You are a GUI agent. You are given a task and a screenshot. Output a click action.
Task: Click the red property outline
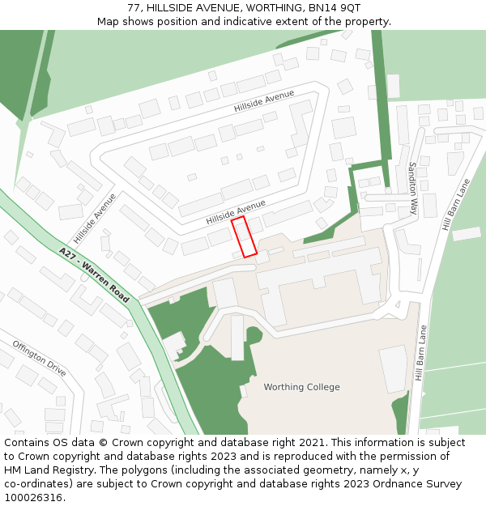click(244, 236)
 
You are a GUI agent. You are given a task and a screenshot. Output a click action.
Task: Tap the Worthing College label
click(301, 387)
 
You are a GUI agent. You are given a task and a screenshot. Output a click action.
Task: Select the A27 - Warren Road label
click(94, 275)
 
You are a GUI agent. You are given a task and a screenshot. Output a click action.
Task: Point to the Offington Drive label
click(39, 358)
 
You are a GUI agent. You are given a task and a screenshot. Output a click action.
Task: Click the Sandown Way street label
click(413, 187)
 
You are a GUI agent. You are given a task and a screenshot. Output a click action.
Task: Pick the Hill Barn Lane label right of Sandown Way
click(456, 205)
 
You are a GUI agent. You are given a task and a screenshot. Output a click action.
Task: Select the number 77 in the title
click(134, 7)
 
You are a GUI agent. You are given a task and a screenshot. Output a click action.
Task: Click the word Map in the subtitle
click(109, 21)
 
